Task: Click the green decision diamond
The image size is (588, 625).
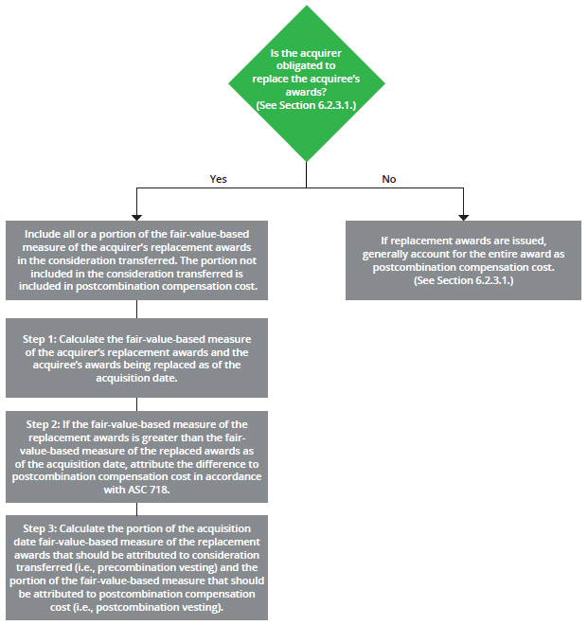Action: coord(307,83)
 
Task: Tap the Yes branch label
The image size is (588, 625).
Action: coord(218,179)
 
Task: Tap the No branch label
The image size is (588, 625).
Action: coord(388,179)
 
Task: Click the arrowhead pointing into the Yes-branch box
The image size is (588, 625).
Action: coord(136,218)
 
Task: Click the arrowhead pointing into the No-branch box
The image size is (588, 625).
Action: coord(463,218)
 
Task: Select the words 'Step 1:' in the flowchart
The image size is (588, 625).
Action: coord(40,339)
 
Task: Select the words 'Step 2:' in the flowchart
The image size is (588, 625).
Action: coord(43,424)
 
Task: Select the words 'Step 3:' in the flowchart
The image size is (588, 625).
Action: coord(40,528)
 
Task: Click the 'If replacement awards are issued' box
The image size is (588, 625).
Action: coord(463,260)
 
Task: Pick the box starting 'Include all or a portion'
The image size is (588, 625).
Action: coord(136,260)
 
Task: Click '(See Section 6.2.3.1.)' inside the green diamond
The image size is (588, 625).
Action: coord(306,105)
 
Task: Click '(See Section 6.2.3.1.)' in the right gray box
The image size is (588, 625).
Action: coord(464,280)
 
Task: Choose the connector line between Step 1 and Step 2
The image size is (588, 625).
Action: coord(136,404)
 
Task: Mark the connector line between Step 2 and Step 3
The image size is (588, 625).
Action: coord(136,509)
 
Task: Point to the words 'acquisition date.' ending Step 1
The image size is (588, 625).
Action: coord(136,378)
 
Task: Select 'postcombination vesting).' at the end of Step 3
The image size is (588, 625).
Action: coord(160,607)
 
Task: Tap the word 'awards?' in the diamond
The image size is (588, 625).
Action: coord(306,92)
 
